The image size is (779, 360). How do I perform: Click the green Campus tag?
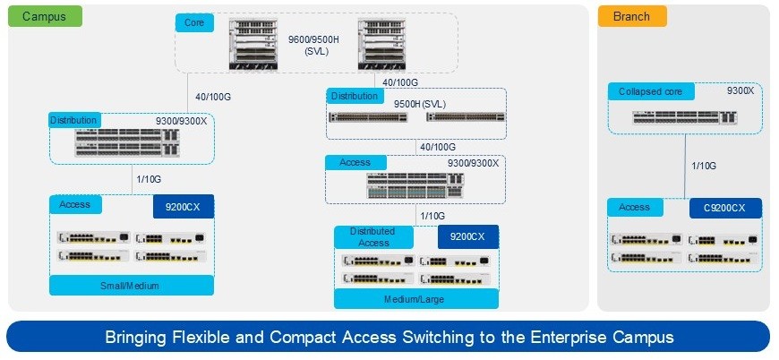coord(46,16)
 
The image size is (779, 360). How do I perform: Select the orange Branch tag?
coord(631,16)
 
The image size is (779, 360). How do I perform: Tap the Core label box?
coord(193,21)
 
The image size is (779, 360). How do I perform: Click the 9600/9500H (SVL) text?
coord(310,46)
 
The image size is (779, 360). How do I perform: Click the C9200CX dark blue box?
coord(725,208)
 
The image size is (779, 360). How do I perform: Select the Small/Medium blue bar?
coord(132,286)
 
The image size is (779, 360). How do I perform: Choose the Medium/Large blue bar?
coord(416,299)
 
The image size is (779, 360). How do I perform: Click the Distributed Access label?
coord(373,236)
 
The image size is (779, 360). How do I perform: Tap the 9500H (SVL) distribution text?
coord(420,104)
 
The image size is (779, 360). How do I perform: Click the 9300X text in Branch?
coord(740,90)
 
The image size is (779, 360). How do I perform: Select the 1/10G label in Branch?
coord(704,166)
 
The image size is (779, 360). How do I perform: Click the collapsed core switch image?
coord(685,116)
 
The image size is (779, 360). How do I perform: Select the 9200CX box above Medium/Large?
coord(467,236)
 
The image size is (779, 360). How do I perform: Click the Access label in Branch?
coord(635,207)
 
